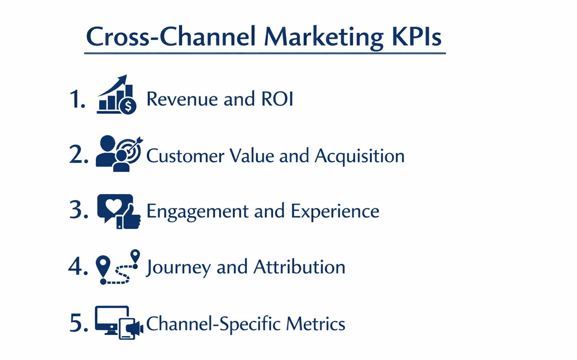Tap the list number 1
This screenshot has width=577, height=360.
[x=77, y=100]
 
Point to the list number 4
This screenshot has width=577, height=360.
[x=78, y=267]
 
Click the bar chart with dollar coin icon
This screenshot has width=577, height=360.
[x=116, y=95]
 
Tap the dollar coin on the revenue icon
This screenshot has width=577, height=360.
[x=128, y=107]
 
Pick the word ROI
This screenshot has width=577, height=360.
[x=277, y=99]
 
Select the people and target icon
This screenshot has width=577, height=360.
[x=119, y=153]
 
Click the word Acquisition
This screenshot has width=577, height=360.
[x=359, y=156]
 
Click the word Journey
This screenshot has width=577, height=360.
[x=178, y=268]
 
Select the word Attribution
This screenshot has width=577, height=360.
[x=299, y=267]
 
